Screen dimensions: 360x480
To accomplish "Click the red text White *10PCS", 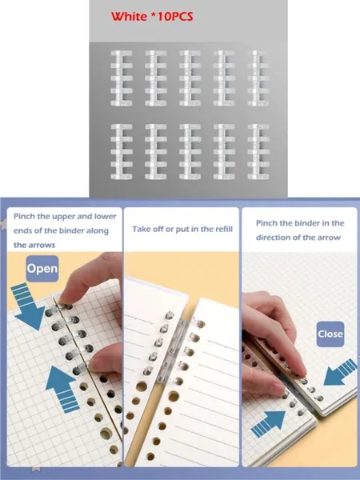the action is [x=152, y=16].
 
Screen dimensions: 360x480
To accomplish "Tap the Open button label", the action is [x=42, y=269].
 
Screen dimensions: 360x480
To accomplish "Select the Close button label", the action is [x=330, y=334].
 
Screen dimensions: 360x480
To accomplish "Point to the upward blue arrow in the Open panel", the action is [x=62, y=388].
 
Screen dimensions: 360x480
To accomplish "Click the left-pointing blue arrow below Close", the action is [x=340, y=372].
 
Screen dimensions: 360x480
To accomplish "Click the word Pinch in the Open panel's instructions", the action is [x=24, y=217].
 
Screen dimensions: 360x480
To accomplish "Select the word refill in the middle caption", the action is [x=223, y=229].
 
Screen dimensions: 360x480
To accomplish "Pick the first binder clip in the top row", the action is [x=122, y=78].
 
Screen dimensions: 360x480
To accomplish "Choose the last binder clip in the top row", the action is [x=258, y=78].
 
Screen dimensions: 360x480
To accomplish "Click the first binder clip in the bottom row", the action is [x=122, y=151].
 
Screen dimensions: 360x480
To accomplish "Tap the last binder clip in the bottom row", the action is [x=258, y=151].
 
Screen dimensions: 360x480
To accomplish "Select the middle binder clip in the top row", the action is [x=190, y=78].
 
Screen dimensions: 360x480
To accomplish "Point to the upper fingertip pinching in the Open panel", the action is [x=66, y=298].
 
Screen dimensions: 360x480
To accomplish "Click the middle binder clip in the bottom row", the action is [x=190, y=151].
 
